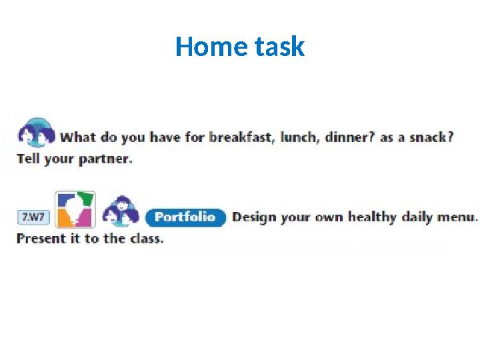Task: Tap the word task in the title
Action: (x=279, y=47)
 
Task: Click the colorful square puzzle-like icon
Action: (x=75, y=210)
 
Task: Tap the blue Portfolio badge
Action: (x=186, y=217)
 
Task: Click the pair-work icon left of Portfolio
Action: (x=121, y=211)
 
